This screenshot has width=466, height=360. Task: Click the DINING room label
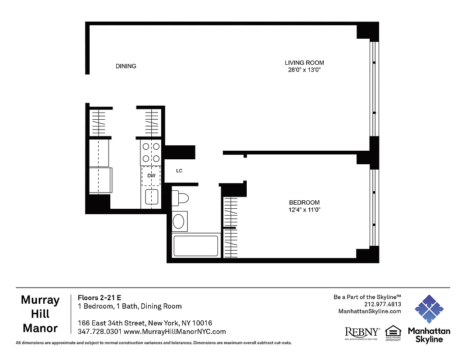click(126, 66)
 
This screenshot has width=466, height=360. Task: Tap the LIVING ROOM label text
click(304, 63)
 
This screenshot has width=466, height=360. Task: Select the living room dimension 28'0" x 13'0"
click(304, 70)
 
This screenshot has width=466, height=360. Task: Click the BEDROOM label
click(304, 202)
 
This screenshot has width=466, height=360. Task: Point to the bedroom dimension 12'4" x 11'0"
click(304, 210)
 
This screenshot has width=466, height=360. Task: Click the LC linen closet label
click(179, 171)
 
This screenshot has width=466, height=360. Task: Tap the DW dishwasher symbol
click(151, 176)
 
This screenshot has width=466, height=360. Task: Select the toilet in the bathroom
click(180, 198)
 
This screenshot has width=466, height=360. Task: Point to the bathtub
click(196, 246)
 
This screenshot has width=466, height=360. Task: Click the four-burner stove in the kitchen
click(151, 152)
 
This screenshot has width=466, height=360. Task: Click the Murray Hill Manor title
click(40, 314)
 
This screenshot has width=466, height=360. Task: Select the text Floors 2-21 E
click(100, 297)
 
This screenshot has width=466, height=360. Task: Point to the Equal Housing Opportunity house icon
click(393, 331)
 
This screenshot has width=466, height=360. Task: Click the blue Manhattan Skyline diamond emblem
click(429, 309)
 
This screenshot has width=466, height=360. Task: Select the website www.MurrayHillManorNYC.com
click(175, 332)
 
